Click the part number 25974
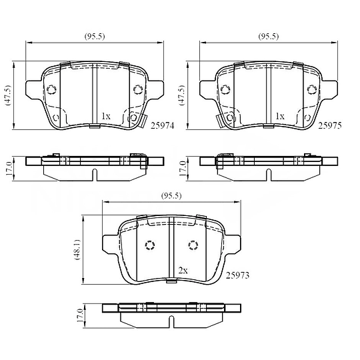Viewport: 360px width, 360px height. [x=162, y=125]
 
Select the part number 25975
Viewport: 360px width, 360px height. [x=330, y=125]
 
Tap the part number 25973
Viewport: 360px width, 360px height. [x=237, y=275]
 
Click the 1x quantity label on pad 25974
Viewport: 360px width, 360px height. [x=106, y=116]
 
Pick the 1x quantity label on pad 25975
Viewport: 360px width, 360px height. [x=280, y=116]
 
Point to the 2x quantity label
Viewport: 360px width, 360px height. [x=183, y=271]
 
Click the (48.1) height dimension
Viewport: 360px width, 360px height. [x=77, y=249]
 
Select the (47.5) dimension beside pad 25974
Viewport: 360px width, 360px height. [x=8, y=95]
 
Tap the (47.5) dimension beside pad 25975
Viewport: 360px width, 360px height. [x=182, y=95]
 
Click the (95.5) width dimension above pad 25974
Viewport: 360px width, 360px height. [x=95, y=36]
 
